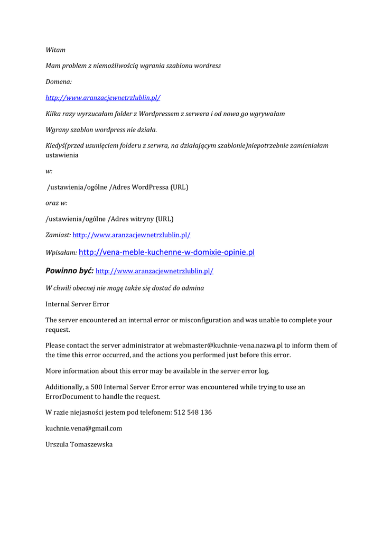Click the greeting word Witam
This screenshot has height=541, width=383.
pyautogui.click(x=55, y=50)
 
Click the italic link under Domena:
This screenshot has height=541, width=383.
pyautogui.click(x=103, y=98)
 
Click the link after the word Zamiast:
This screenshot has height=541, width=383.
pyautogui.click(x=131, y=235)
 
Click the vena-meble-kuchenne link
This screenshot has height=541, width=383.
pyautogui.click(x=166, y=253)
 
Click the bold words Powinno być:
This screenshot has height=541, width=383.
pyautogui.click(x=69, y=270)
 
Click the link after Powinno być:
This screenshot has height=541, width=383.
pyautogui.click(x=154, y=271)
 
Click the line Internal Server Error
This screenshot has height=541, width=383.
pyautogui.click(x=77, y=304)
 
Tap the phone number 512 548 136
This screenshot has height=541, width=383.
pyautogui.click(x=193, y=412)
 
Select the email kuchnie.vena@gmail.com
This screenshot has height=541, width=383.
pyautogui.click(x=83, y=428)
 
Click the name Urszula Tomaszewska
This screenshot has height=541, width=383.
pyautogui.click(x=79, y=445)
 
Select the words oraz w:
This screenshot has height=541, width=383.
pyautogui.click(x=56, y=203)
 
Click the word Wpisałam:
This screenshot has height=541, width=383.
pyautogui.click(x=61, y=253)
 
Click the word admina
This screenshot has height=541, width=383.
pyautogui.click(x=193, y=288)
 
